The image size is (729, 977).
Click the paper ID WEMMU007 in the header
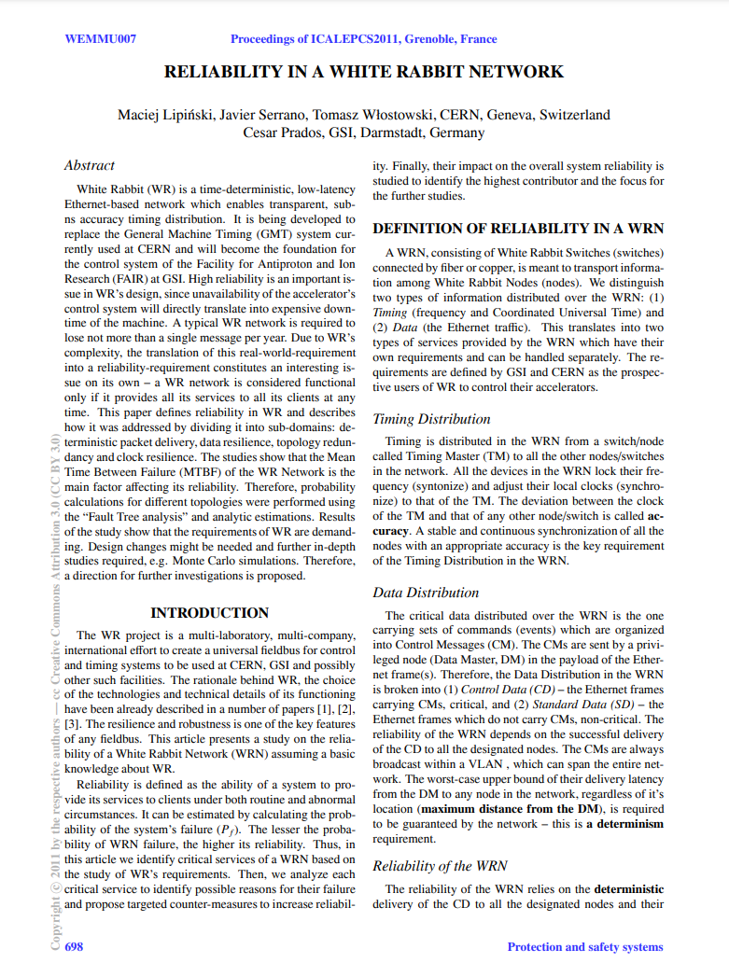(100, 39)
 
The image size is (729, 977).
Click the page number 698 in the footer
(74, 946)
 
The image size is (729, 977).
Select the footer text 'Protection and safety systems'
(584, 946)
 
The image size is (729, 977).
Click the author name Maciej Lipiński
(163, 115)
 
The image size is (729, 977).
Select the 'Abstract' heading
(90, 165)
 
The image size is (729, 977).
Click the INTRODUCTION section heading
(210, 613)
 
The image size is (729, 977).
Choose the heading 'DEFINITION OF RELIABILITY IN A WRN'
(518, 229)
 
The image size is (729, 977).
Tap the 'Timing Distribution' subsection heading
(431, 419)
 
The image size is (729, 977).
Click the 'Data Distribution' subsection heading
(426, 593)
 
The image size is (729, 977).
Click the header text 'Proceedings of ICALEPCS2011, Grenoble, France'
(364, 39)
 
